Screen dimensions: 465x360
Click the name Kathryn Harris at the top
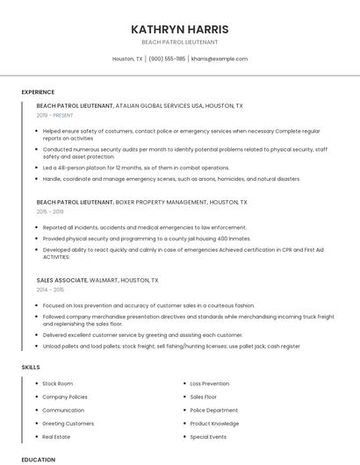pyautogui.click(x=179, y=29)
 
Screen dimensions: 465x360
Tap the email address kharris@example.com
pyautogui.click(x=220, y=59)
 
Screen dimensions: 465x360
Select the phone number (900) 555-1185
pyautogui.click(x=167, y=59)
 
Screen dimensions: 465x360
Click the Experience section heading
pyautogui.click(x=38, y=92)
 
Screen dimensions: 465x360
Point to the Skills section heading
pyautogui.click(x=30, y=367)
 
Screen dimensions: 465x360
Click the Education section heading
pyautogui.click(x=39, y=459)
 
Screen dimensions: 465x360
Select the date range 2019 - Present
pyautogui.click(x=55, y=115)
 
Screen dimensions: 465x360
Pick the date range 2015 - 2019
pyautogui.click(x=50, y=211)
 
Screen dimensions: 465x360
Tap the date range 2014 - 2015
pyautogui.click(x=50, y=289)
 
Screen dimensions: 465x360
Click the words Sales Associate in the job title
pyautogui.click(x=61, y=280)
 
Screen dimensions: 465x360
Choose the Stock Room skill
pyautogui.click(x=58, y=383)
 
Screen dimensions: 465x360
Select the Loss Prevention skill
pyautogui.click(x=210, y=383)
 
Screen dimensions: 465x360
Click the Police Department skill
pyautogui.click(x=214, y=410)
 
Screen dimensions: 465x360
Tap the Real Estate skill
pyautogui.click(x=56, y=436)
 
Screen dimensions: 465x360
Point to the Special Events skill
pyautogui.click(x=208, y=436)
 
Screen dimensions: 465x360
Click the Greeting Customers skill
pyautogui.click(x=68, y=423)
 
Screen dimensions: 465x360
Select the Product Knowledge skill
pyautogui.click(x=214, y=423)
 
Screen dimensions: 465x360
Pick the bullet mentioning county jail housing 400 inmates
pyautogui.click(x=147, y=238)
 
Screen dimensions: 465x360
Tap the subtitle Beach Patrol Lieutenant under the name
pyautogui.click(x=179, y=42)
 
